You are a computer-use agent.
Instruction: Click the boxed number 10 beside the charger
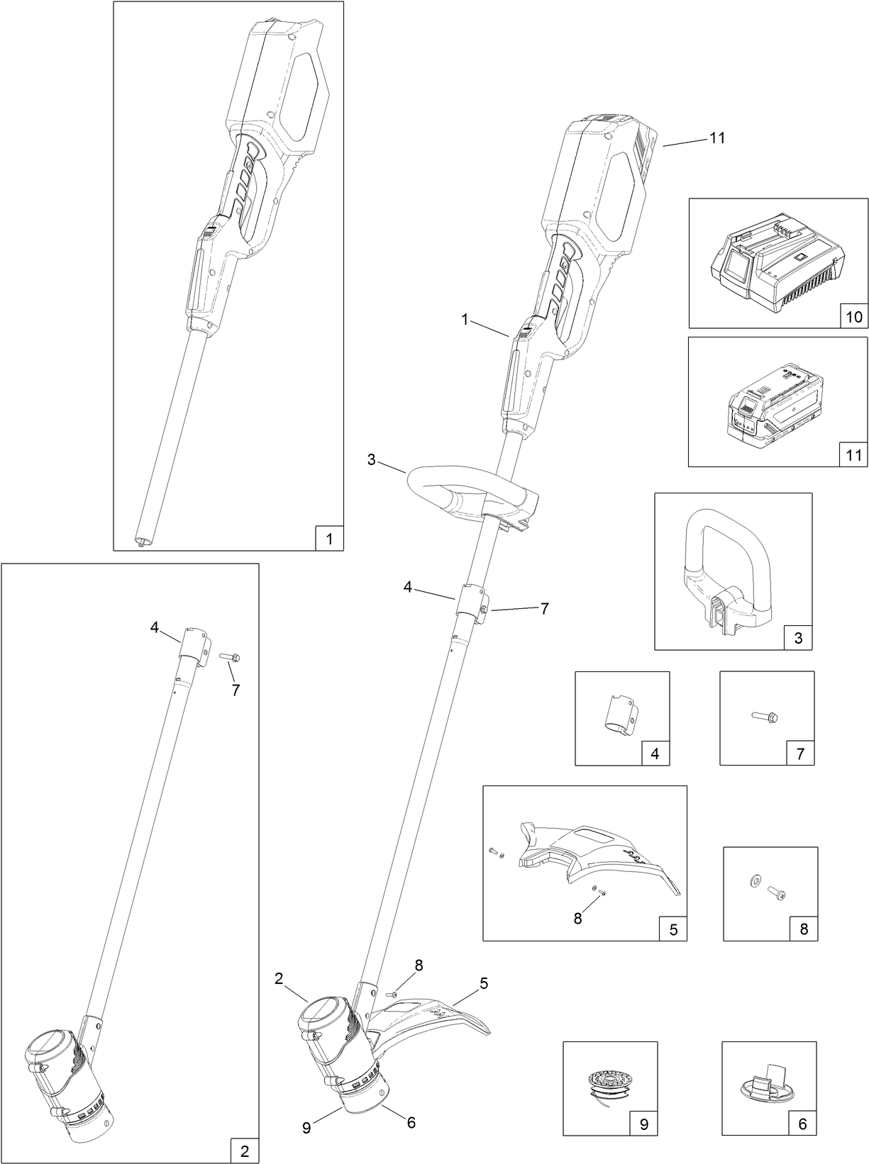(852, 316)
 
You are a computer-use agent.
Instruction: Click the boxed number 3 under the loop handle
(798, 638)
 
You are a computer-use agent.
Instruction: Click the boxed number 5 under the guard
(673, 929)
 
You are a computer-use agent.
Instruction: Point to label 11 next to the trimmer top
(717, 138)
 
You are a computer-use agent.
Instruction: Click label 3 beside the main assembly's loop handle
(371, 460)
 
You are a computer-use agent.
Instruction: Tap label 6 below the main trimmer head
(411, 1123)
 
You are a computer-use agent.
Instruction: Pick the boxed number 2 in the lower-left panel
(245, 1151)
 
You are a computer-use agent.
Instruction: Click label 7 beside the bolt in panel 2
(236, 690)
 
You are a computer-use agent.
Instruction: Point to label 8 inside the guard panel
(577, 918)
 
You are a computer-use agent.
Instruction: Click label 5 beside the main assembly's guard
(484, 983)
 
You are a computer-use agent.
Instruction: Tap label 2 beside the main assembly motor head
(279, 979)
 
